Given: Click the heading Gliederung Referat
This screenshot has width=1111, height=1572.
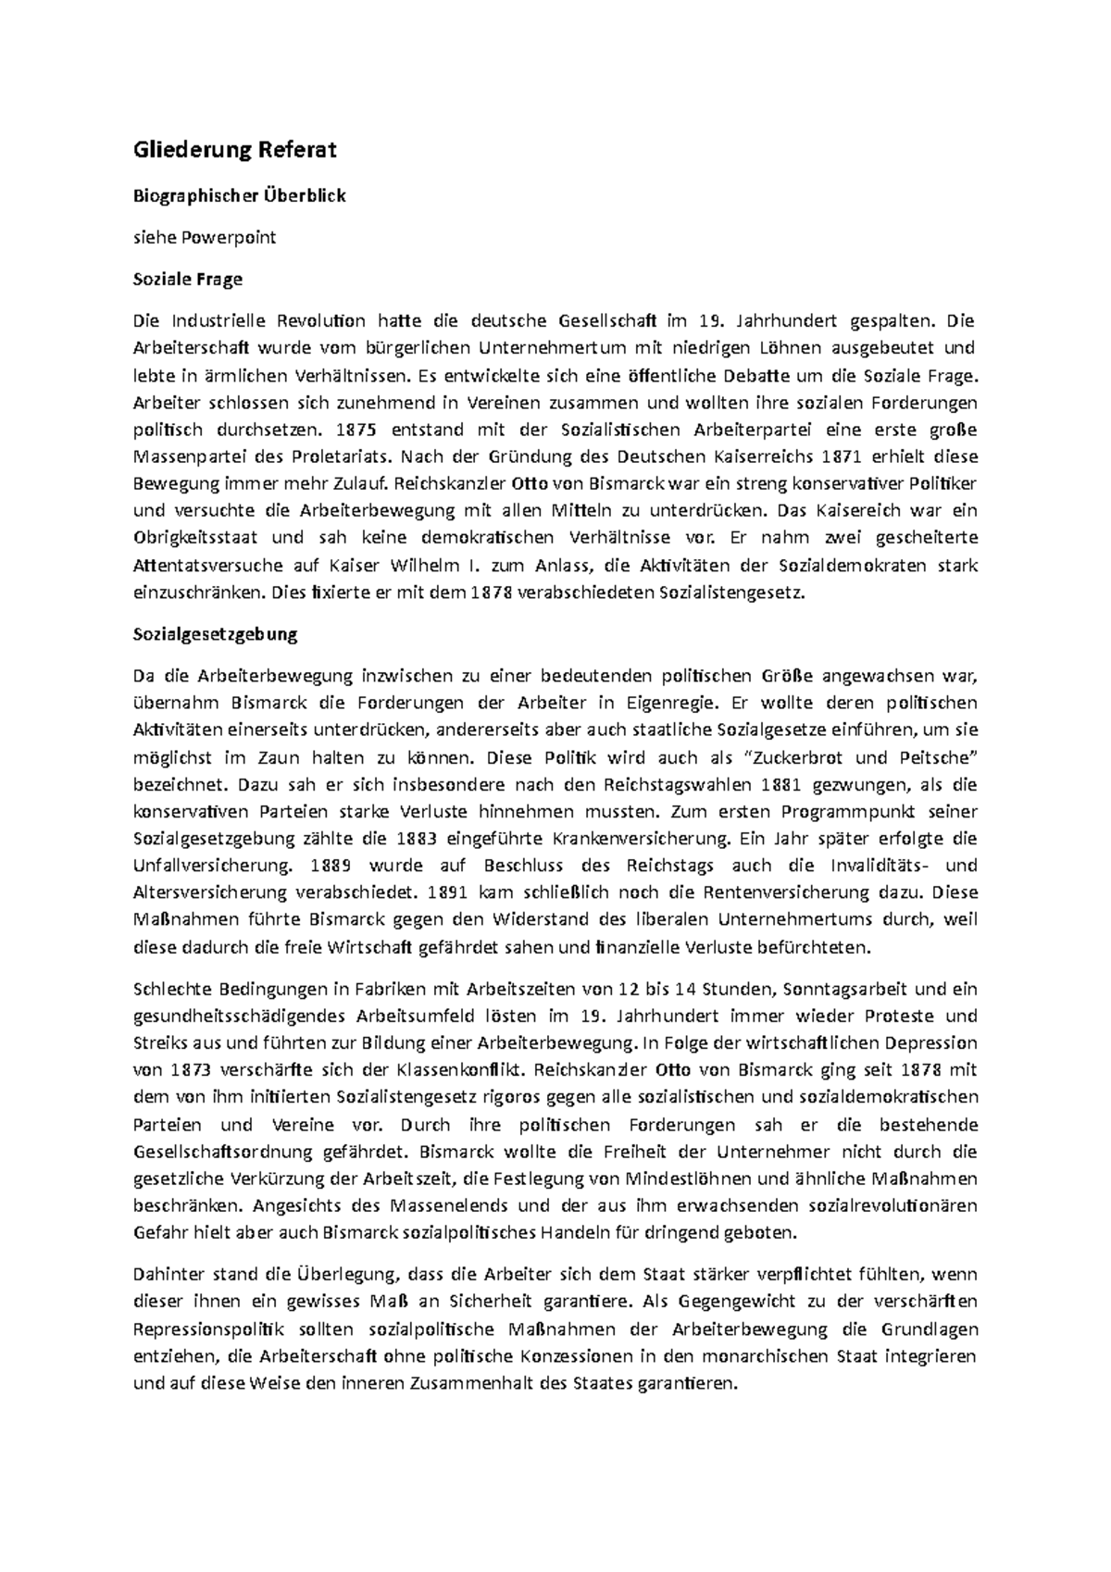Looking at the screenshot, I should point(235,149).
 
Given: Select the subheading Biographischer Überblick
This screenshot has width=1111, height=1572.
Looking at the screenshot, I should point(240,196).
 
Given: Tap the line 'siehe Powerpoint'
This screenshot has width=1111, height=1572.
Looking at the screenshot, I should point(205,237).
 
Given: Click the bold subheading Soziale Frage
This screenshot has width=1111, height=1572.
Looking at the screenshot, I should point(188,279).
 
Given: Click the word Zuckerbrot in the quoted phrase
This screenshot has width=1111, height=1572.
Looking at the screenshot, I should point(797,757).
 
